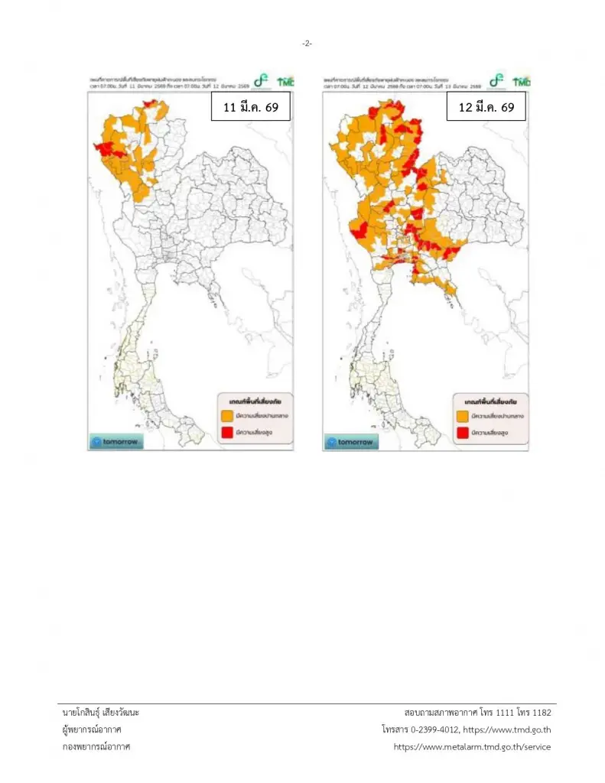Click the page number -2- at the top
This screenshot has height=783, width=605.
[306, 44]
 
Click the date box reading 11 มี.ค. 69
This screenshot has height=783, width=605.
[251, 108]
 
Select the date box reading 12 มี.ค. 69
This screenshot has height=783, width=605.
[486, 108]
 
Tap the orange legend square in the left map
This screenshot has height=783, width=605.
[227, 416]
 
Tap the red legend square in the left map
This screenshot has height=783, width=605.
[227, 434]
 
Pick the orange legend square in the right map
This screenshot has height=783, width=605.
[462, 416]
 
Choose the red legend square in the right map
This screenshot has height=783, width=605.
[462, 434]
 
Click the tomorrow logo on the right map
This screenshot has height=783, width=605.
[351, 442]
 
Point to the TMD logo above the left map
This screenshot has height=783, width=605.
[286, 80]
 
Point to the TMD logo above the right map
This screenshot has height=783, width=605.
[521, 80]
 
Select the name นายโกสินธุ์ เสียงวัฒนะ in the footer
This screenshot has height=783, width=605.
[101, 713]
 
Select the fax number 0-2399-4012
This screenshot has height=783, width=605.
[437, 729]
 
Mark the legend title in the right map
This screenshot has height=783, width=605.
[490, 401]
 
